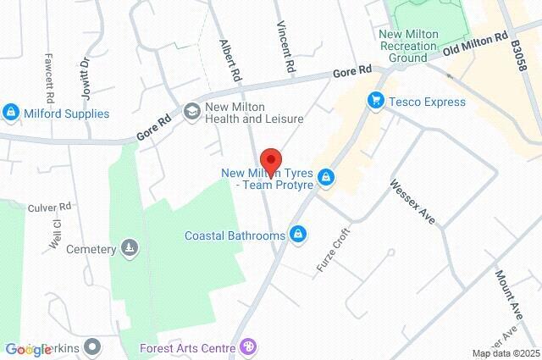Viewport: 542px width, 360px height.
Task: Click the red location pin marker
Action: (x=270, y=160)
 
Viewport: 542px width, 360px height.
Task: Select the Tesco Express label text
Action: (x=428, y=102)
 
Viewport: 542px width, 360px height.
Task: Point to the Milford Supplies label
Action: (x=67, y=114)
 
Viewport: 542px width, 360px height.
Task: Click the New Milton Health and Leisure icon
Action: (x=191, y=110)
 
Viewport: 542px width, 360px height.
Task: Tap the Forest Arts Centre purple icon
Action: (x=248, y=346)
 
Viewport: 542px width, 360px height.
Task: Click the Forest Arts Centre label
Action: (x=189, y=346)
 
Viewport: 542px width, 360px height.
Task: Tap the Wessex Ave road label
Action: (x=412, y=201)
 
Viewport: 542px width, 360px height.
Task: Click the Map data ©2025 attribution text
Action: (x=505, y=353)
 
